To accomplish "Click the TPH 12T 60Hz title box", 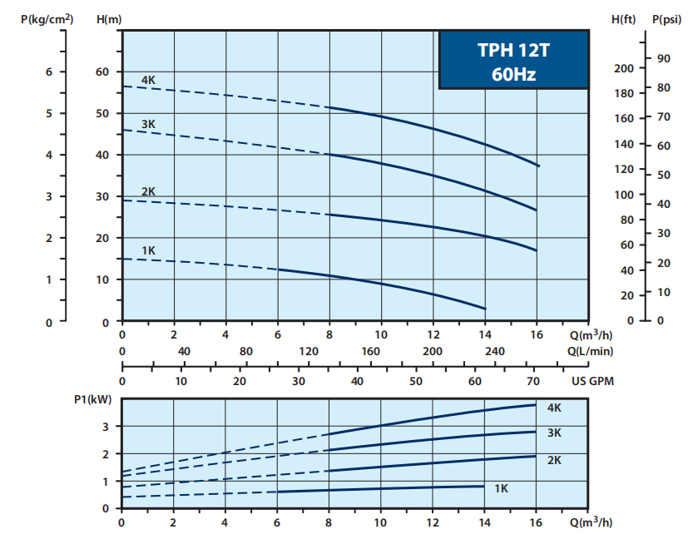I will coord(512,61).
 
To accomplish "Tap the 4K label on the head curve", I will coord(149,80).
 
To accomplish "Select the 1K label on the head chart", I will coord(149,250).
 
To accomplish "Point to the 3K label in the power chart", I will coord(554,433).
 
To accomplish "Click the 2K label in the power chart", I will coord(554,459).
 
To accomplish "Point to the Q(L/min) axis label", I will coord(590,352).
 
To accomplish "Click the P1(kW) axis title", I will coord(92,398).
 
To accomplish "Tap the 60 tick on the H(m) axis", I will coord(101,72).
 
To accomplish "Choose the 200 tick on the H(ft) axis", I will coord(624,68).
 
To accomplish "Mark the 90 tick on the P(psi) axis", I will coord(663,57).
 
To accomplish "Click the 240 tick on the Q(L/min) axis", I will coord(494,352).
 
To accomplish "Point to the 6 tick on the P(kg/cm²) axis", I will coord(49,72).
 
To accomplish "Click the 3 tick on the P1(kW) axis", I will coord(105,426).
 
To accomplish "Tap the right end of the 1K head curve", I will coord(485,309).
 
